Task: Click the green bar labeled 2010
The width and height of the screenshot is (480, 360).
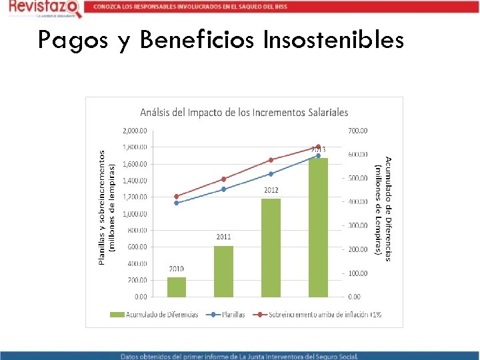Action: (177, 287)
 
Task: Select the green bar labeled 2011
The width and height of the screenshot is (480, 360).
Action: (223, 271)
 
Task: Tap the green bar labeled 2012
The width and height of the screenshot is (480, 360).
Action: (271, 247)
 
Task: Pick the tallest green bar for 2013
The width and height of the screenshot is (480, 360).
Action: (318, 227)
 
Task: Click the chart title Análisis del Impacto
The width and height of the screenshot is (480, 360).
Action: (243, 112)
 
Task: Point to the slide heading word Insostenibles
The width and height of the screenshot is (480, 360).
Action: (333, 40)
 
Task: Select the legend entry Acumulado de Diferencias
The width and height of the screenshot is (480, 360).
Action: (160, 314)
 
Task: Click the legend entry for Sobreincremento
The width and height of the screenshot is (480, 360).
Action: (320, 314)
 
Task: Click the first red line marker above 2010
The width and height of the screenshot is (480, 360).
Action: (177, 196)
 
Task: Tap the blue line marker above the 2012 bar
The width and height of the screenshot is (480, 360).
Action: (271, 174)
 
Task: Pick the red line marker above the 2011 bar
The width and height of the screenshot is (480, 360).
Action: (223, 179)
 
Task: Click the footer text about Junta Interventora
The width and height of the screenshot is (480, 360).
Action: (240, 355)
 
